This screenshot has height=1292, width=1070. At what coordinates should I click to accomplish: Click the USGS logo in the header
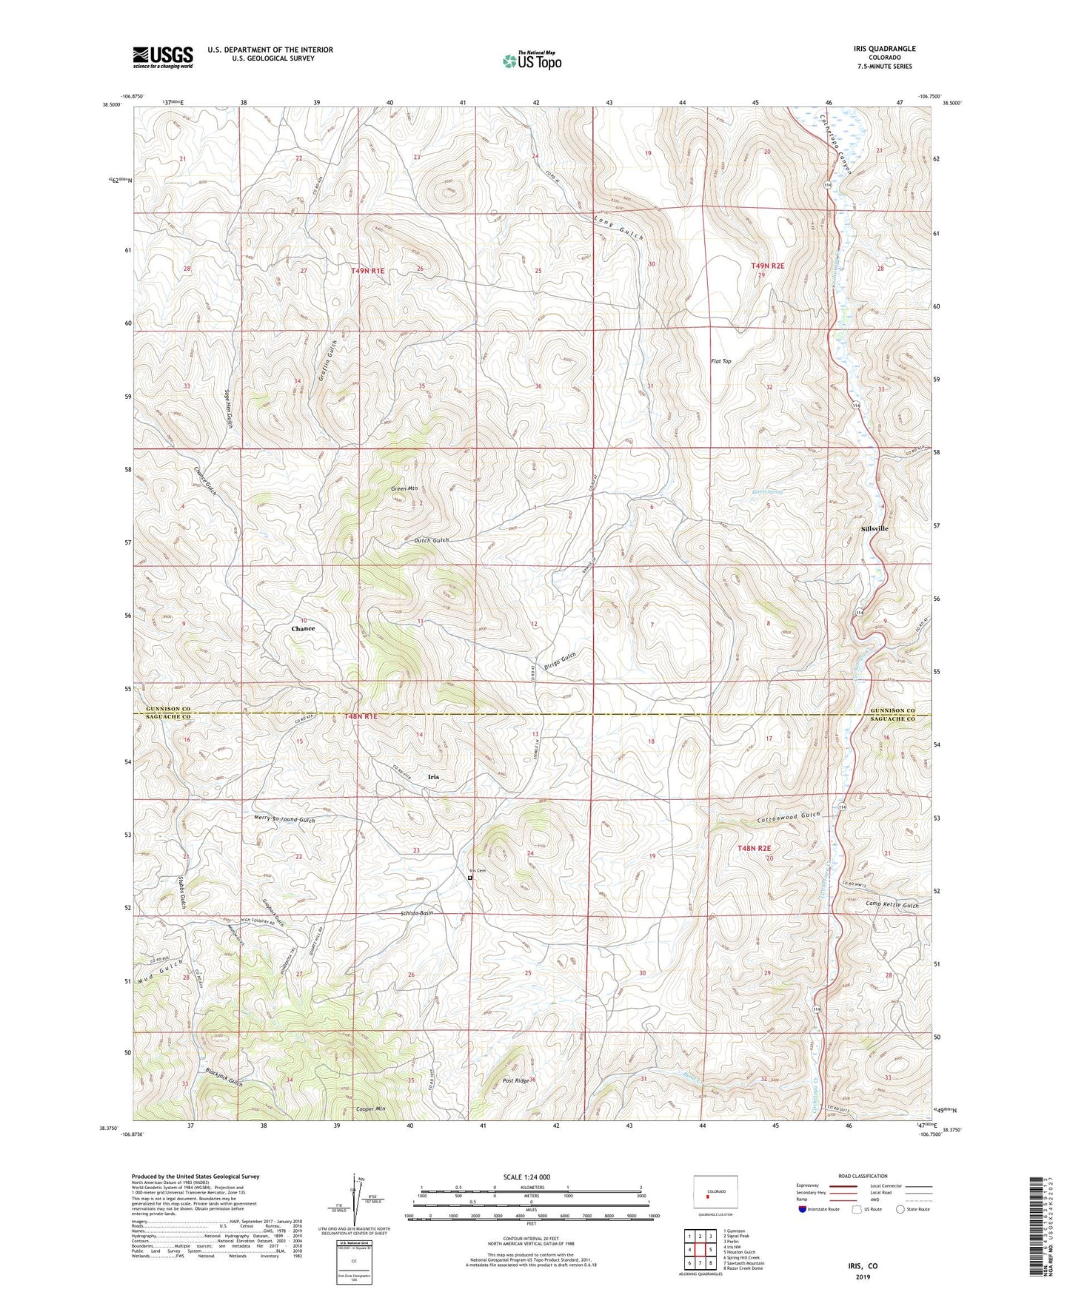(x=162, y=57)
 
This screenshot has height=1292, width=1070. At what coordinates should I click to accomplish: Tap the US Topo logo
(x=531, y=61)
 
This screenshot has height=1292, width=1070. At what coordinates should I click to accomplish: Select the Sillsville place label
(x=875, y=528)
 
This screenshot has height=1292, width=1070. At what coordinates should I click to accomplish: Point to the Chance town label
(x=303, y=628)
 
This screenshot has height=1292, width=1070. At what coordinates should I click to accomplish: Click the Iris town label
(x=433, y=777)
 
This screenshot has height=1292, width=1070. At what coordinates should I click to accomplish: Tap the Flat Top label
(x=720, y=361)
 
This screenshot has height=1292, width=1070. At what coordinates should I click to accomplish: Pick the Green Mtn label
(x=404, y=488)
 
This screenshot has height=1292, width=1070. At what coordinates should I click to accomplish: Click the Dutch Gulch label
(x=431, y=540)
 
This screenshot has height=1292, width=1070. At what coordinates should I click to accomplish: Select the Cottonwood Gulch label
(x=789, y=816)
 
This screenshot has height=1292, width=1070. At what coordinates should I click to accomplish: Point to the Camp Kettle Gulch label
(x=892, y=905)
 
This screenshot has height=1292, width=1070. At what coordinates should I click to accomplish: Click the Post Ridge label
(x=515, y=1081)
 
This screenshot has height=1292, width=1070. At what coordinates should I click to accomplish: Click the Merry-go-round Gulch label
(x=284, y=820)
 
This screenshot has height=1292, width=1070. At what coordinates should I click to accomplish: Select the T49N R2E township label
(x=767, y=265)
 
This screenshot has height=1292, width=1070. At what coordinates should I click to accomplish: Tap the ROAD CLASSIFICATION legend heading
(x=862, y=1176)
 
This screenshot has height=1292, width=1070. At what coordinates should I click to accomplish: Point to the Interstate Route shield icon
(x=803, y=1210)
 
